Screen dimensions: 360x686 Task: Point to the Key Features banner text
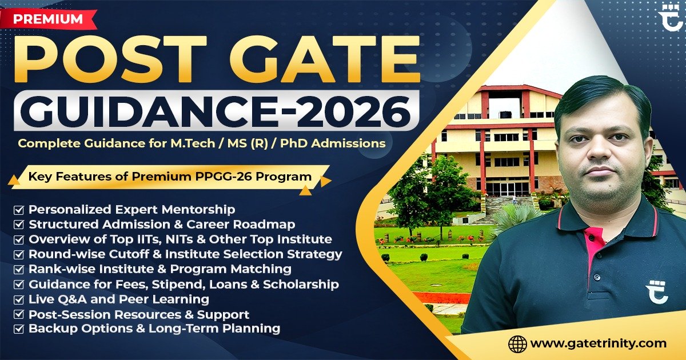pyautogui.click(x=170, y=177)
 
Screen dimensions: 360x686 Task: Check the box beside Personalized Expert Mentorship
pyautogui.click(x=19, y=210)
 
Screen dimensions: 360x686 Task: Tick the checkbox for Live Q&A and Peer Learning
pyautogui.click(x=19, y=299)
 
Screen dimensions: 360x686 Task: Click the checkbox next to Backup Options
pyautogui.click(x=19, y=329)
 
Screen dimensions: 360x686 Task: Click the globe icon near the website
pyautogui.click(x=517, y=343)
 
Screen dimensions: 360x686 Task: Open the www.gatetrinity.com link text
pyautogui.click(x=598, y=343)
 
